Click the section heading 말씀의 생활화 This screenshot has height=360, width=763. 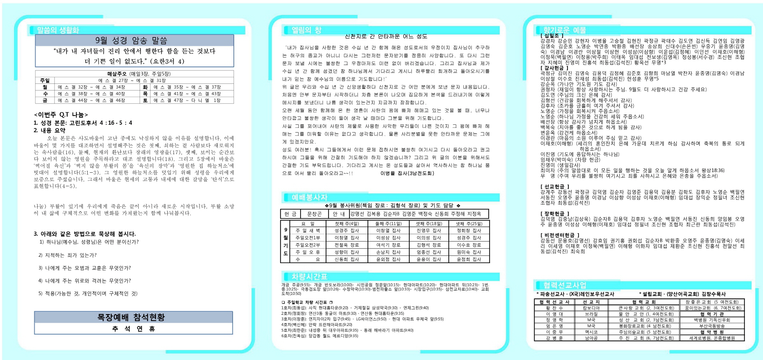58,30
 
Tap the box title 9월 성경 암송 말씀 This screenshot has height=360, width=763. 131,40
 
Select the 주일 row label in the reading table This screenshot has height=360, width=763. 45,81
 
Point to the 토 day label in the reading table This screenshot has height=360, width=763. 145,100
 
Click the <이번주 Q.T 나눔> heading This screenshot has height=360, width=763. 61,115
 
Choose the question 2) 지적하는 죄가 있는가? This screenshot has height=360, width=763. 68,255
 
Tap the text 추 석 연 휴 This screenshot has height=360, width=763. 134,329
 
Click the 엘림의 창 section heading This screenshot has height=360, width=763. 306,30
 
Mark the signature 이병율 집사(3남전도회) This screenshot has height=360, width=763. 407,173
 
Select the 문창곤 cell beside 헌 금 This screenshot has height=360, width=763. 314,214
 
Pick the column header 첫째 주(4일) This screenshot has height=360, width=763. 347,224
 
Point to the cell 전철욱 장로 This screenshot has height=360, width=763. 347,245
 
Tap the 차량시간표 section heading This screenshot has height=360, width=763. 309,277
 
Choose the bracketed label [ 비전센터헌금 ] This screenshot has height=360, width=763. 560,235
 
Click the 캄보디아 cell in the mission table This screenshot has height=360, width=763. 591,308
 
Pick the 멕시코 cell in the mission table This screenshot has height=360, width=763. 591,332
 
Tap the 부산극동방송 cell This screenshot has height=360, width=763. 712,326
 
